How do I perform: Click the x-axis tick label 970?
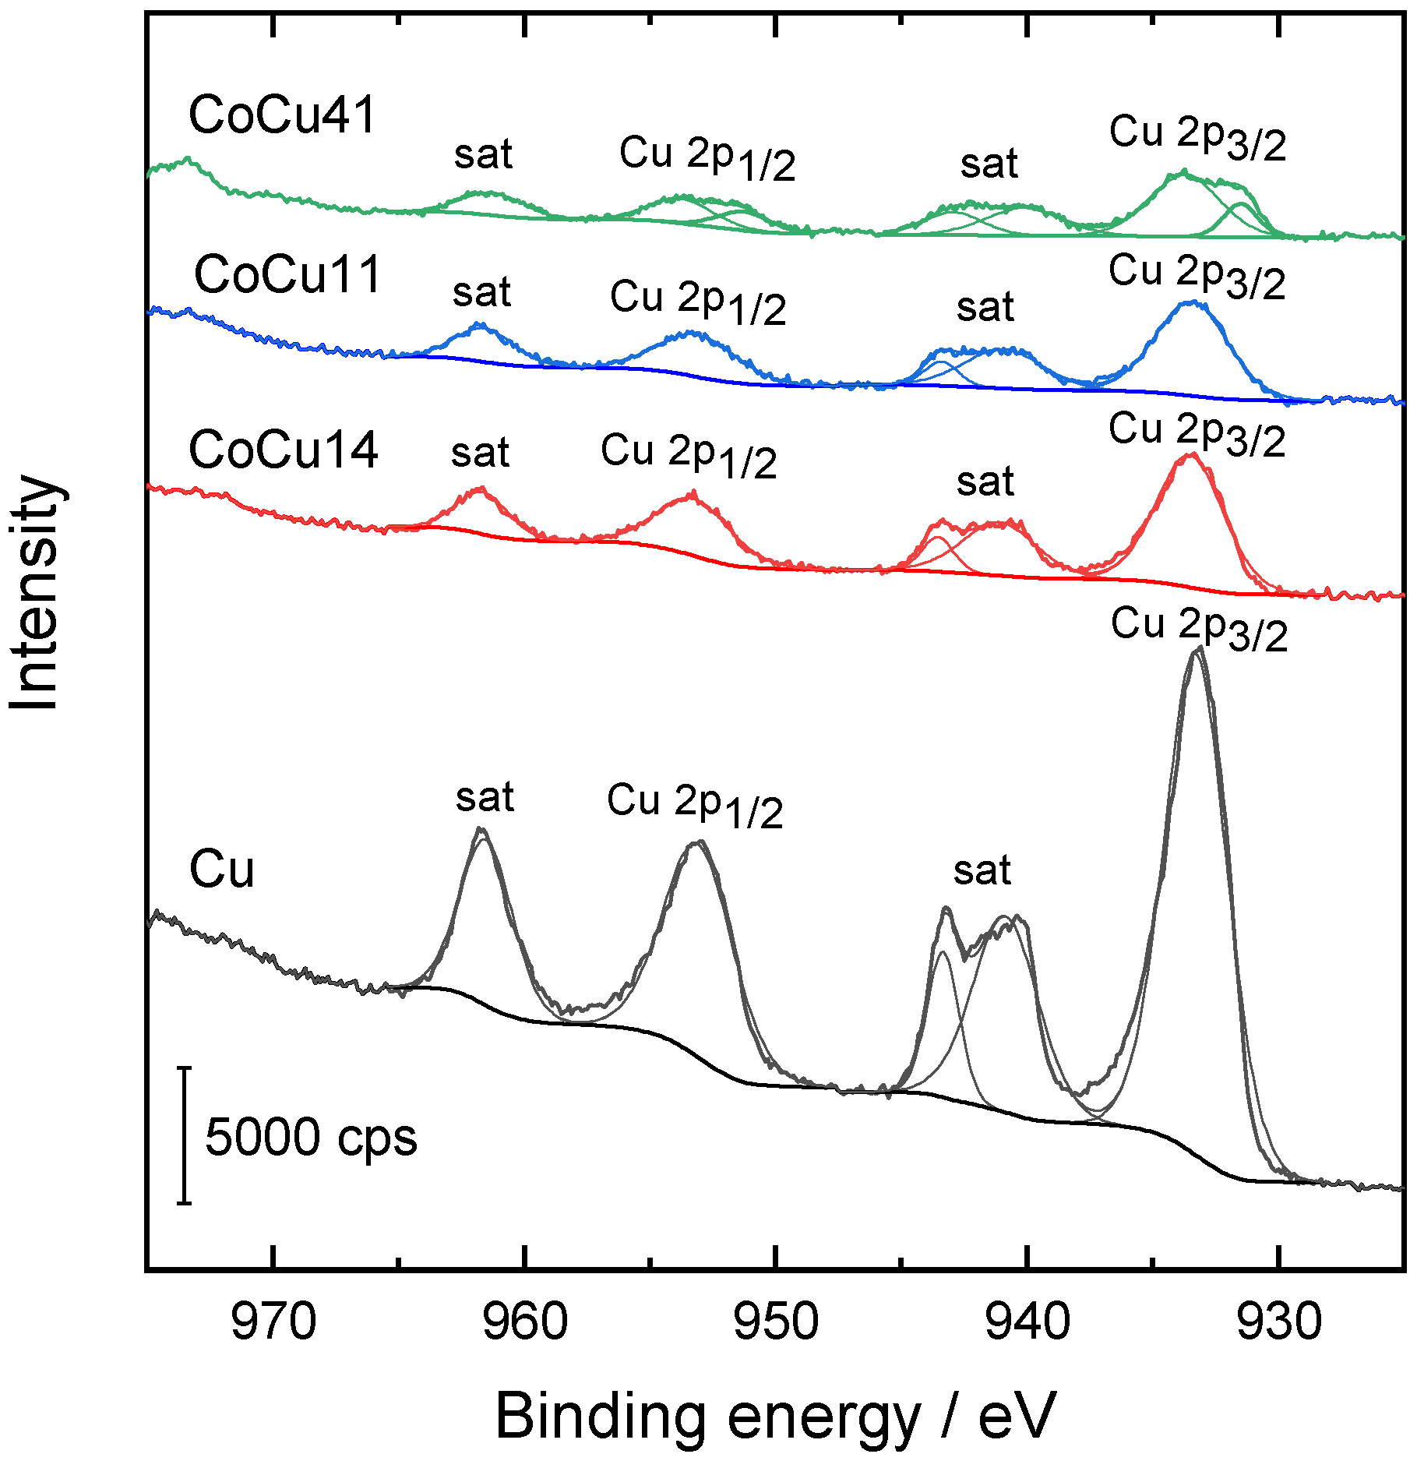click(x=273, y=1322)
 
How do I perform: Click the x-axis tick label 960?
click(x=525, y=1322)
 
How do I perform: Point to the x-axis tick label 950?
click(x=776, y=1322)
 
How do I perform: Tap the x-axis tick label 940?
click(x=1028, y=1322)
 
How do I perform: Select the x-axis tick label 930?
click(x=1278, y=1322)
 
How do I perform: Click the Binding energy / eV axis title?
click(x=775, y=1416)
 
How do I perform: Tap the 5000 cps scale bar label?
click(x=311, y=1137)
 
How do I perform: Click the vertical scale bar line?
click(x=184, y=1135)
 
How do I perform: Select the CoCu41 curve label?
click(x=283, y=115)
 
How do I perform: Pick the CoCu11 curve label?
click(x=287, y=275)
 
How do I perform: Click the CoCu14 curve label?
click(x=284, y=450)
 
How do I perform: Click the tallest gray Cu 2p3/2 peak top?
click(x=1197, y=650)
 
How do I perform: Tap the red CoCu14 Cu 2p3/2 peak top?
click(x=1190, y=454)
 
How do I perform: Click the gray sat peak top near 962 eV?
click(x=481, y=830)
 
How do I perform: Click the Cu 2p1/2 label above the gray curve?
click(x=695, y=804)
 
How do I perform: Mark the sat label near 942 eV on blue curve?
click(x=985, y=307)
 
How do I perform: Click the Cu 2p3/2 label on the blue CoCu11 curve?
click(x=1197, y=276)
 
